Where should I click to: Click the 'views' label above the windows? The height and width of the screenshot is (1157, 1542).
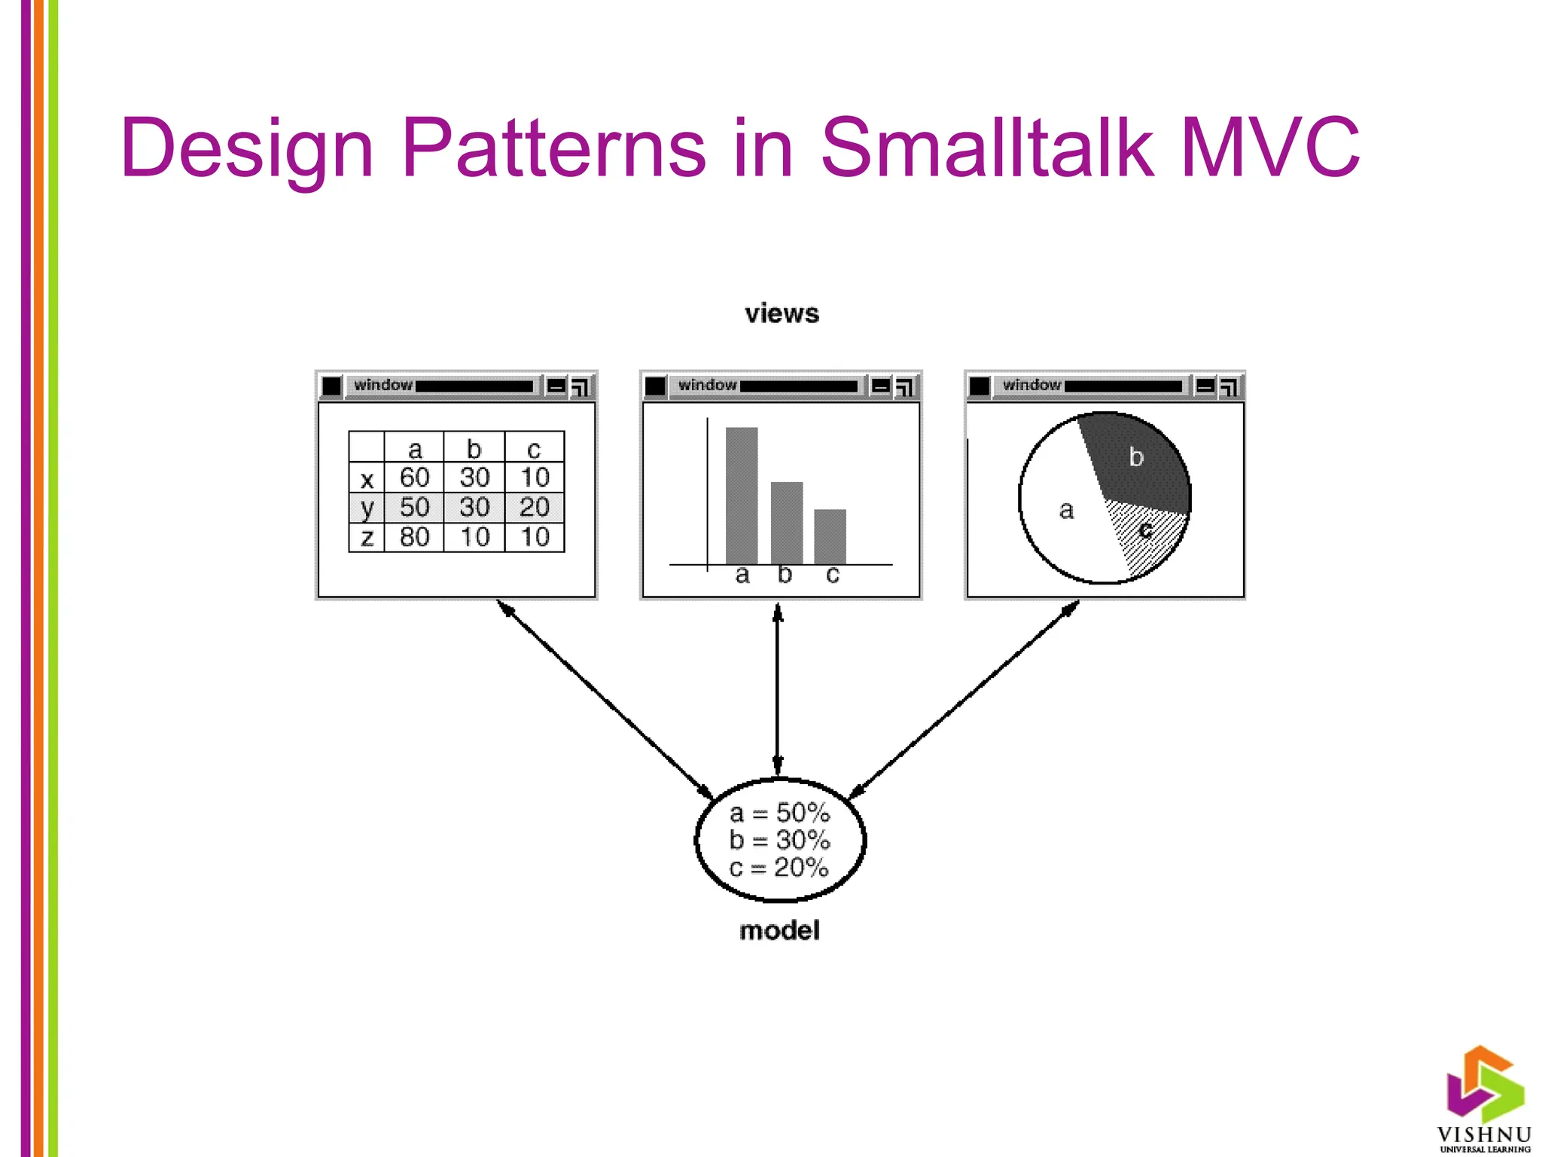coord(782,313)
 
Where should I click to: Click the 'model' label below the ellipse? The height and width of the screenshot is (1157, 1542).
coord(779,931)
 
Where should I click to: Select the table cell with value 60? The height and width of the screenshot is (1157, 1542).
coord(414,478)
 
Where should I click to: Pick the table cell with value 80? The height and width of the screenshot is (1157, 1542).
coord(414,537)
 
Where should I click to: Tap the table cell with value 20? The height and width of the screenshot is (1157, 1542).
coord(535,507)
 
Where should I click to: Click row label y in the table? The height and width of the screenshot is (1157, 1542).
coord(367,508)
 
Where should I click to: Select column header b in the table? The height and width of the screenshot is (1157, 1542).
coord(474,449)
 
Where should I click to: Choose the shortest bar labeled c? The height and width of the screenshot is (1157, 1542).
coord(830,536)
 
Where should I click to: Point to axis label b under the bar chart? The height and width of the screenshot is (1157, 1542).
coord(785,575)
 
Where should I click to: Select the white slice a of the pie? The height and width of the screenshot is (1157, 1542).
coord(1062,512)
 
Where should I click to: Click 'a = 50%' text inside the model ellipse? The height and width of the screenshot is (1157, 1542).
coord(779,813)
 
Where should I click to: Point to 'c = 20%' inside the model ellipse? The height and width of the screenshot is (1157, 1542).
coord(779,868)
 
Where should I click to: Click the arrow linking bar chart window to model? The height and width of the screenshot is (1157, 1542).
coord(778,689)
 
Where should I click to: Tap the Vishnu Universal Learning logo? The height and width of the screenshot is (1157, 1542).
coord(1484,1100)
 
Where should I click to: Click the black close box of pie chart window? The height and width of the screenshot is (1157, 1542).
coord(980,386)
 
